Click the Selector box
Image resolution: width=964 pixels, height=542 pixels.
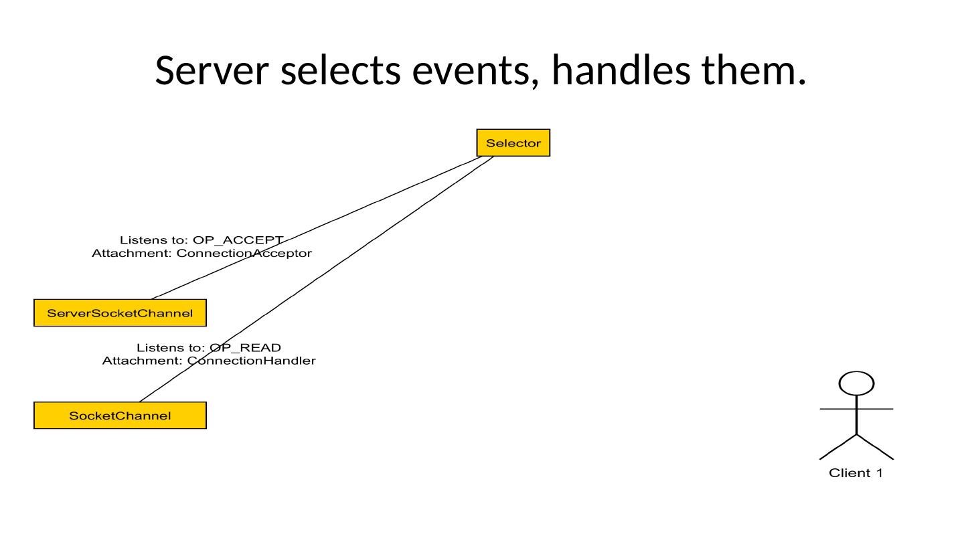tap(513, 143)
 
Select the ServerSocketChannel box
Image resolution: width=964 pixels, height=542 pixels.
tap(120, 313)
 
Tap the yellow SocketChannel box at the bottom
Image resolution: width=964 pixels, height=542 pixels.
tap(120, 416)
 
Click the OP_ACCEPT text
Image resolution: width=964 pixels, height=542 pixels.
tap(238, 240)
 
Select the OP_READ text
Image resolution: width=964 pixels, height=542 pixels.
tap(245, 347)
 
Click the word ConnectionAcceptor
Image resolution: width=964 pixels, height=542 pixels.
tap(244, 254)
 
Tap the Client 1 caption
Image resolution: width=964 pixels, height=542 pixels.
tap(856, 473)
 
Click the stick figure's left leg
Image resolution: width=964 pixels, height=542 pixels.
tap(838, 447)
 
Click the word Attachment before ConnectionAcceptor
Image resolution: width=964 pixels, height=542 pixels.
tap(131, 254)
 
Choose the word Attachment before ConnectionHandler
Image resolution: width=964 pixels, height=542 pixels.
tap(142, 361)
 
